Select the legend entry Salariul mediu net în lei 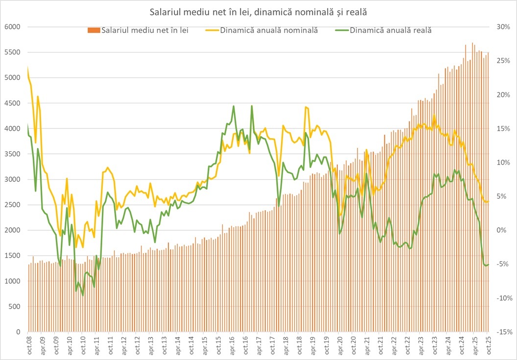pyautogui.click(x=145, y=30)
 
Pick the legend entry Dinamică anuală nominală pyautogui.click(x=269, y=30)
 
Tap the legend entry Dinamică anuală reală pyautogui.click(x=391, y=30)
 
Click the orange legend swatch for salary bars pyautogui.click(x=94, y=30)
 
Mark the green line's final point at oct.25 pyautogui.click(x=488, y=264)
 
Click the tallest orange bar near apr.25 pyautogui.click(x=472, y=43)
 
